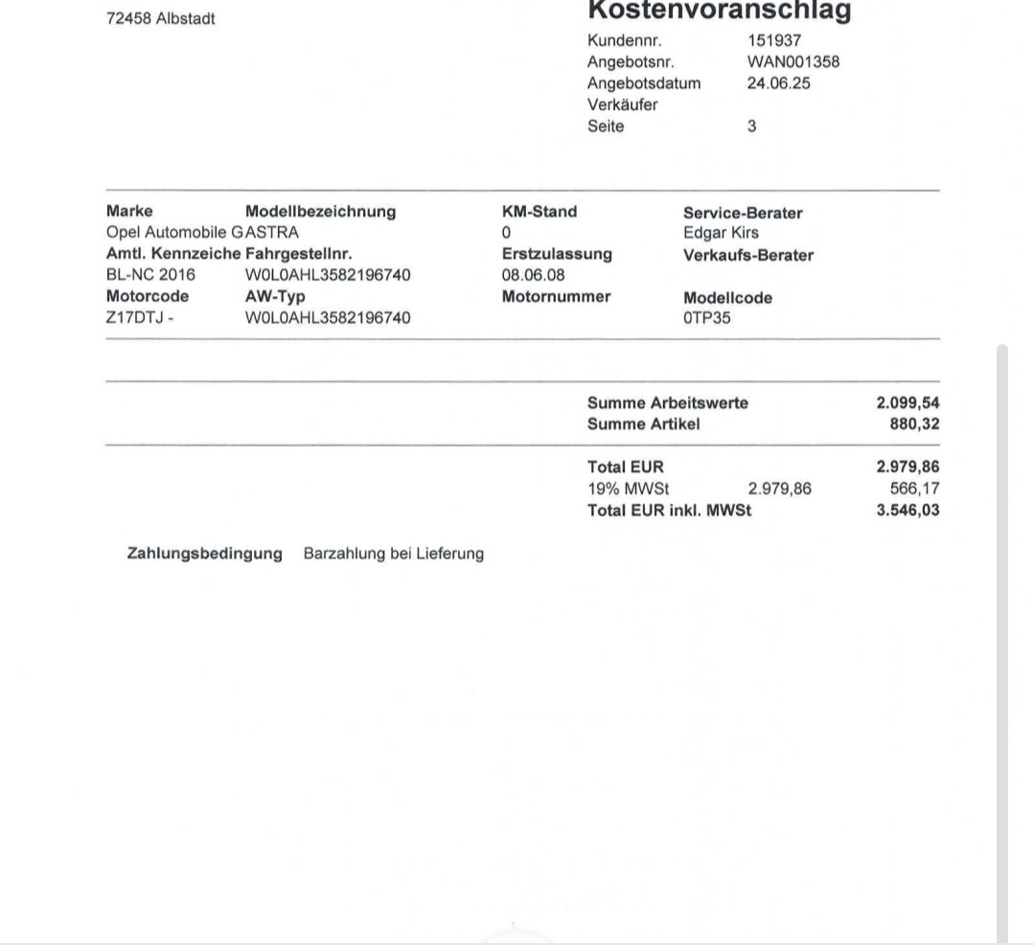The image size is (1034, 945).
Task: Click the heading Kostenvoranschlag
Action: tap(719, 11)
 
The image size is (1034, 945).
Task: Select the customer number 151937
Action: tap(773, 40)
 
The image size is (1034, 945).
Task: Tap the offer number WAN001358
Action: tap(793, 61)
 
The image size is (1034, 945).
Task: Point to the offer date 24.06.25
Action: tap(778, 83)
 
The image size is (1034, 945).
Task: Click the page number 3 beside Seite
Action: tap(751, 126)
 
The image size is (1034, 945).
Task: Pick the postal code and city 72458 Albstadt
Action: tap(160, 18)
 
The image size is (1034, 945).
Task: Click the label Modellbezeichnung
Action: tap(320, 212)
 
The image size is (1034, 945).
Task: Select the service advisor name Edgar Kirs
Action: tap(721, 233)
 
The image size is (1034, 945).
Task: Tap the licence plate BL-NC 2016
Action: tap(150, 275)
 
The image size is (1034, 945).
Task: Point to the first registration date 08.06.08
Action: tap(533, 275)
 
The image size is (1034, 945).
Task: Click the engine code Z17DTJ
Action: tap(136, 317)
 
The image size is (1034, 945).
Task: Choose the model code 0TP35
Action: tap(706, 318)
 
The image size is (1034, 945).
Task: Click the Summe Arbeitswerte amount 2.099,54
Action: tap(908, 403)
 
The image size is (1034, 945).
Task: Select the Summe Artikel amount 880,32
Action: tap(914, 424)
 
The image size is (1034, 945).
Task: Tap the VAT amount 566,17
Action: tap(914, 489)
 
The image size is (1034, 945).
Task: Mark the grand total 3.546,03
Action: tap(908, 510)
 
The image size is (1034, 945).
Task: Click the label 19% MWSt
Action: tap(628, 489)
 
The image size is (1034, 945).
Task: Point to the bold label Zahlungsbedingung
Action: tap(204, 554)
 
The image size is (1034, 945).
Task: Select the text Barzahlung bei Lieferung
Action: tap(393, 554)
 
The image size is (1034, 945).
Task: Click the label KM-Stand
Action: tap(539, 212)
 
